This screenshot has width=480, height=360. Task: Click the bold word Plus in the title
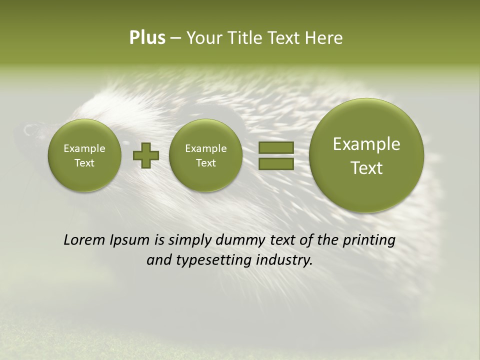147,38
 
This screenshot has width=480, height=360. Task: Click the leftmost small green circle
84,155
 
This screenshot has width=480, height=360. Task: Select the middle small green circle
205,155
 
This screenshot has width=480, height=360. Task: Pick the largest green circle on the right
366,155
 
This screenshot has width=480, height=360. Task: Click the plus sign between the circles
146,155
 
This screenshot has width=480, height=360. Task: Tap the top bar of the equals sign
275,147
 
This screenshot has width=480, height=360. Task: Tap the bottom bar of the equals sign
275,164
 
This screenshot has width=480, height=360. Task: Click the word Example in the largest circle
366,144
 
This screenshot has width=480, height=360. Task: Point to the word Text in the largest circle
366,168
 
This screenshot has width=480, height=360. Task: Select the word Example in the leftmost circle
84,148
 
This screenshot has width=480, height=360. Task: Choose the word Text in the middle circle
205,163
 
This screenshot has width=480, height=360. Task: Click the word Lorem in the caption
84,240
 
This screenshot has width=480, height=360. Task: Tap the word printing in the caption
369,240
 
